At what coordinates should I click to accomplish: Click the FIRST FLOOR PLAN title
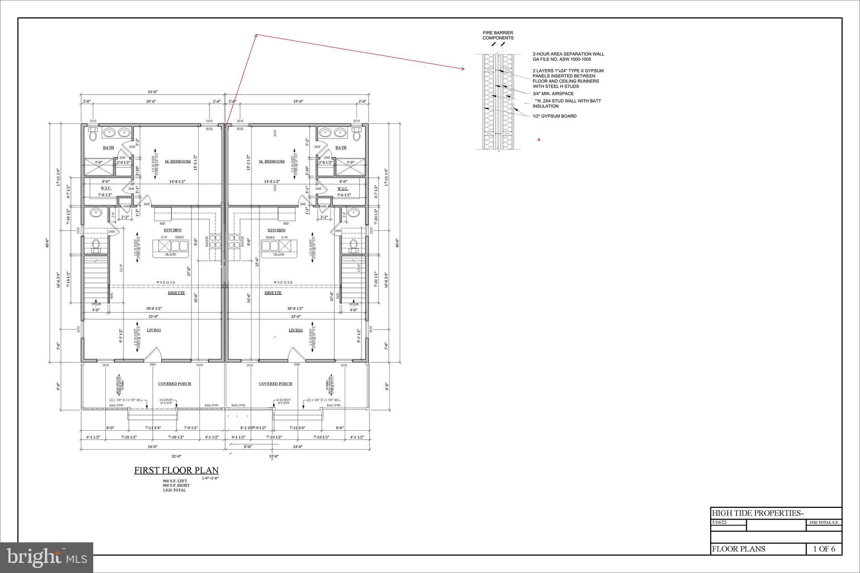coord(176,471)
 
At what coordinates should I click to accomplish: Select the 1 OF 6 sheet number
coord(824,549)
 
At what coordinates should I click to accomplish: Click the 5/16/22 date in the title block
coord(719,523)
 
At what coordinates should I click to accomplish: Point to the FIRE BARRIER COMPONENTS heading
coord(498,35)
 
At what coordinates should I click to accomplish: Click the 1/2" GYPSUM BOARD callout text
coord(554,116)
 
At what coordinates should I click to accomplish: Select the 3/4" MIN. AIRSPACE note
coord(553,94)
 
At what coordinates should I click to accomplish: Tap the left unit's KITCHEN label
coord(173,230)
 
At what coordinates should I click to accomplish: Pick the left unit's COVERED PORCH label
coord(174,384)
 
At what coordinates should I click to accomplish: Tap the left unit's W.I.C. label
coord(106,188)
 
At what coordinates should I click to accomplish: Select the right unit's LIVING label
coord(296,330)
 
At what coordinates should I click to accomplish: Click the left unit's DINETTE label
coord(176,293)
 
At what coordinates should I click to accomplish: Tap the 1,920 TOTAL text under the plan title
coord(174,490)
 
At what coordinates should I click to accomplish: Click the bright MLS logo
coord(46,557)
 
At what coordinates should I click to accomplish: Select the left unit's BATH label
coord(108,148)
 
